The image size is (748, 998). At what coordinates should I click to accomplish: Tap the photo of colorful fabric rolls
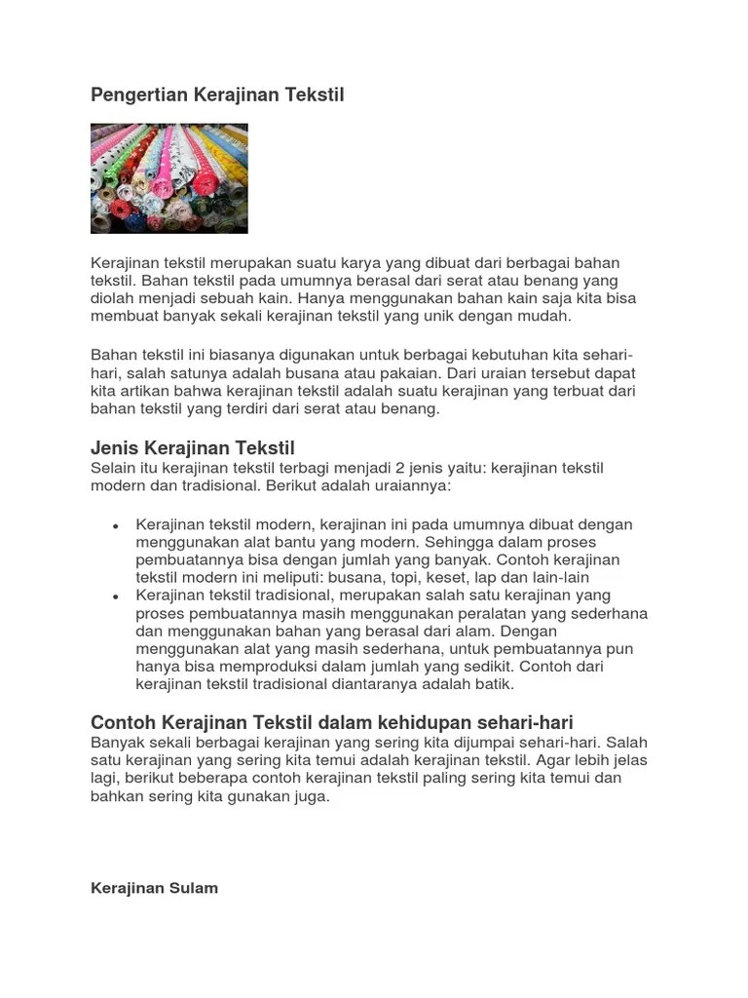[x=168, y=178]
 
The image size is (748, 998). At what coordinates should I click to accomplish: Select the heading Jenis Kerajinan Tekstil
[x=192, y=448]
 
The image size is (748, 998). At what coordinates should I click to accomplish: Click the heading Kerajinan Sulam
[x=154, y=888]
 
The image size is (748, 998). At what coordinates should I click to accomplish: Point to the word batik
[x=492, y=684]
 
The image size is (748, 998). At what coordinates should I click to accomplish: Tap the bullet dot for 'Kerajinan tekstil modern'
[x=116, y=525]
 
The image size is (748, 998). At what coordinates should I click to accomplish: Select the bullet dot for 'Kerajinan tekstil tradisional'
[x=116, y=595]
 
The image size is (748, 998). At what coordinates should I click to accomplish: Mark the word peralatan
[x=479, y=613]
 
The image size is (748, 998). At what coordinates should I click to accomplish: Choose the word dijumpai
[x=448, y=742]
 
